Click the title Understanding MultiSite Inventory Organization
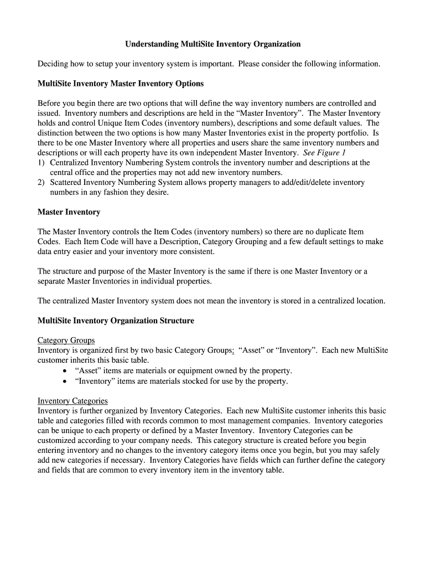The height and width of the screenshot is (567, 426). pyautogui.click(x=212, y=44)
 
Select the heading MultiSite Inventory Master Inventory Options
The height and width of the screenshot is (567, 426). pyautogui.click(x=121, y=84)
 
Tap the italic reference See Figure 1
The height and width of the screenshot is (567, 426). pyautogui.click(x=324, y=153)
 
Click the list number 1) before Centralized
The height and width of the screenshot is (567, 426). pyautogui.click(x=41, y=163)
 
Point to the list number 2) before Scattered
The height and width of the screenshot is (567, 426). pyautogui.click(x=41, y=183)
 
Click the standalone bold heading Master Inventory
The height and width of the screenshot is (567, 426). pyautogui.click(x=69, y=212)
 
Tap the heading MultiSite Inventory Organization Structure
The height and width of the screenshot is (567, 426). pyautogui.click(x=116, y=321)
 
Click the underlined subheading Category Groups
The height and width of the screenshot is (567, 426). pyautogui.click(x=66, y=341)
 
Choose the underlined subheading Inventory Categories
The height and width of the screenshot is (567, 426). pyautogui.click(x=72, y=401)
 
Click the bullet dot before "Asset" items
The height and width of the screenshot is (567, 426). pyautogui.click(x=66, y=371)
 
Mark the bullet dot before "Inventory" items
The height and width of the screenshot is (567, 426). pyautogui.click(x=66, y=382)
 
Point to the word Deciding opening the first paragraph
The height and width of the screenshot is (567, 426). pyautogui.click(x=53, y=64)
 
